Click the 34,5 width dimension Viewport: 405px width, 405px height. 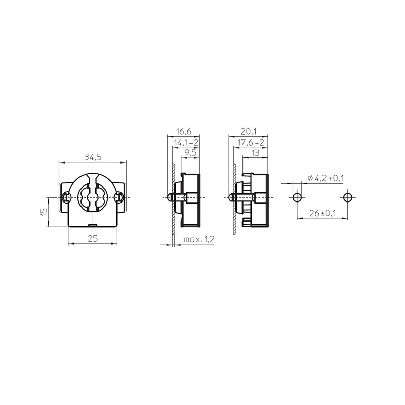93,157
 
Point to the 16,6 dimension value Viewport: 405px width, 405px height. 183,131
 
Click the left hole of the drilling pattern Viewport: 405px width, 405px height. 296,196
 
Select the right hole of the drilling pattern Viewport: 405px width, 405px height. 347,196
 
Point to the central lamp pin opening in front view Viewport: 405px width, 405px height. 93,196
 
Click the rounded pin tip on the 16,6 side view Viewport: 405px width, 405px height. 169,196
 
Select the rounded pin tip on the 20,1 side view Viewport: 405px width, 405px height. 230,196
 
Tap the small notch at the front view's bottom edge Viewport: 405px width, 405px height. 93,224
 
